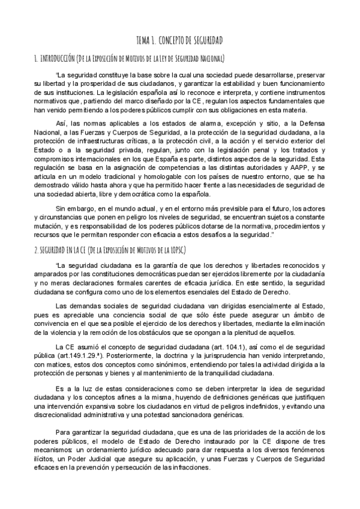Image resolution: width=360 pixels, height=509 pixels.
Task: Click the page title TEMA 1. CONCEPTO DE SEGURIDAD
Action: point(180,40)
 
